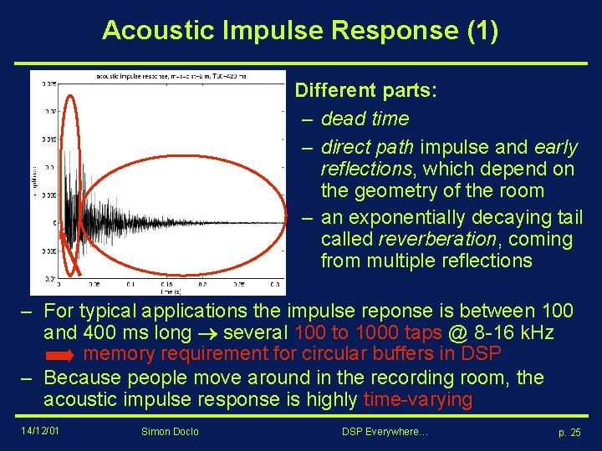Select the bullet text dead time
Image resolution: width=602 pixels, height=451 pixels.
tap(365, 119)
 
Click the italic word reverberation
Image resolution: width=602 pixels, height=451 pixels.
tap(434, 239)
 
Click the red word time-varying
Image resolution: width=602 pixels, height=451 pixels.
tap(417, 399)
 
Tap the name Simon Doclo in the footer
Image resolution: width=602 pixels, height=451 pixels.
tap(171, 431)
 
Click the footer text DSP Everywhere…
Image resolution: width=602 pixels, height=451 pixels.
tap(385, 431)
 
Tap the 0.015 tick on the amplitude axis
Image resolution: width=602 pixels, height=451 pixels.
tap(49, 139)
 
